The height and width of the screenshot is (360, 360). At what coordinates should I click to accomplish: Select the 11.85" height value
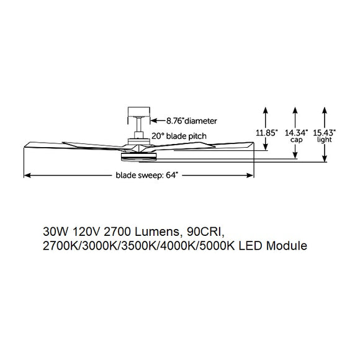click(266, 132)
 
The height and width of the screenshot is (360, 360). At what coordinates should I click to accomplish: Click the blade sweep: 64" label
click(146, 176)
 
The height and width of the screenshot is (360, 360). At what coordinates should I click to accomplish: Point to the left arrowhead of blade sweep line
click(27, 176)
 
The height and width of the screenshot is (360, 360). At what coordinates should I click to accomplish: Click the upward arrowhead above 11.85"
click(266, 109)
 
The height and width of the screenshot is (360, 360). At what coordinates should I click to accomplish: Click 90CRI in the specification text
click(208, 232)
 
